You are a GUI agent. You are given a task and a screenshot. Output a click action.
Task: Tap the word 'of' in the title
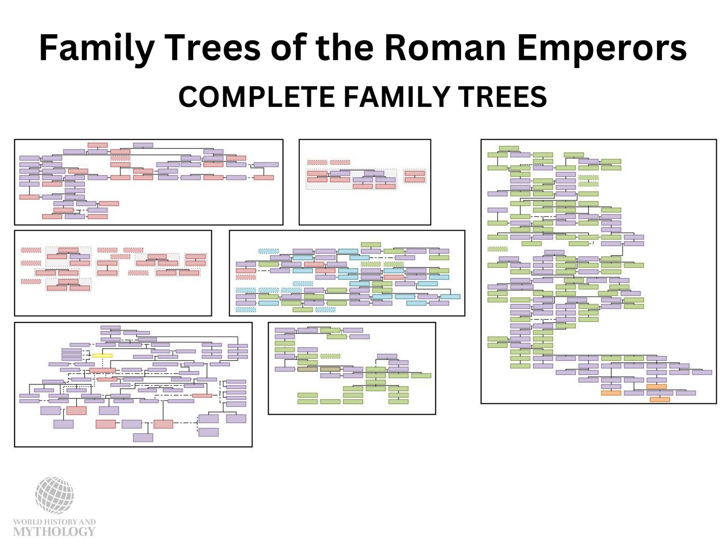289,48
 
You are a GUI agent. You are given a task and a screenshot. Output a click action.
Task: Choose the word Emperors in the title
602,48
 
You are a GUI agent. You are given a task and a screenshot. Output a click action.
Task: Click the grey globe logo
54,495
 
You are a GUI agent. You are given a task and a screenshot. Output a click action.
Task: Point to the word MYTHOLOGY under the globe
54,531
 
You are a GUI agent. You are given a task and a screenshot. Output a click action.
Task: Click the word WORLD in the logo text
27,522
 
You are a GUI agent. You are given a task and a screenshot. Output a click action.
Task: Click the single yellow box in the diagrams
102,355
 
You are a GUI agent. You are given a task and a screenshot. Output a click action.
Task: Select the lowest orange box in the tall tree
659,400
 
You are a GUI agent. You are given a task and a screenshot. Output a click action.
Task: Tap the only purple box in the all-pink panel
79,257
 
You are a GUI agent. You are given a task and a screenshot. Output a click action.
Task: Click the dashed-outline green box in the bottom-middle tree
330,356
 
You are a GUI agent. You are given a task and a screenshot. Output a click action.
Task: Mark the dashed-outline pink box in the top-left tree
120,158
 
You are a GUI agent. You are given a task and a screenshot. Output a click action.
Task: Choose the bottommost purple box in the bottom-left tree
143,438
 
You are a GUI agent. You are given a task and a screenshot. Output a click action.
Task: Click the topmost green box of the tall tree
509,148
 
